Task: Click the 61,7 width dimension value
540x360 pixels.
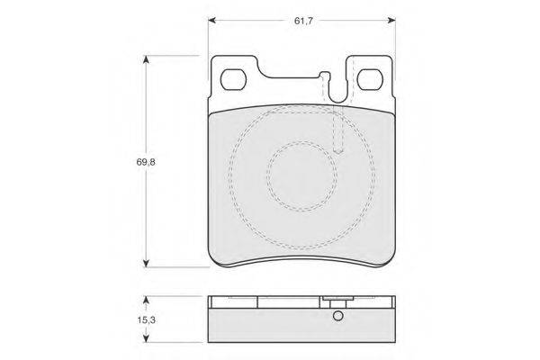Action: coord(303,21)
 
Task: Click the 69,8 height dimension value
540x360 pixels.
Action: coord(146,162)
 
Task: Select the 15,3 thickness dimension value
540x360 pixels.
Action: coord(147,320)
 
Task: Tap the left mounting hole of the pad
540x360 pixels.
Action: coord(233,79)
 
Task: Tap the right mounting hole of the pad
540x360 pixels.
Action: coord(370,79)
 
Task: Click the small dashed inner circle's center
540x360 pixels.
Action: coord(302,175)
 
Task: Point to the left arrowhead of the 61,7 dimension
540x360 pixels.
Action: coord(212,21)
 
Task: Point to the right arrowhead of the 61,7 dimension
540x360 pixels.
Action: coord(391,21)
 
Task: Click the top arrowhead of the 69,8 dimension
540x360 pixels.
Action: coord(147,59)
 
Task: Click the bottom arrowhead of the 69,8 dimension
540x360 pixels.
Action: coord(147,263)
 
